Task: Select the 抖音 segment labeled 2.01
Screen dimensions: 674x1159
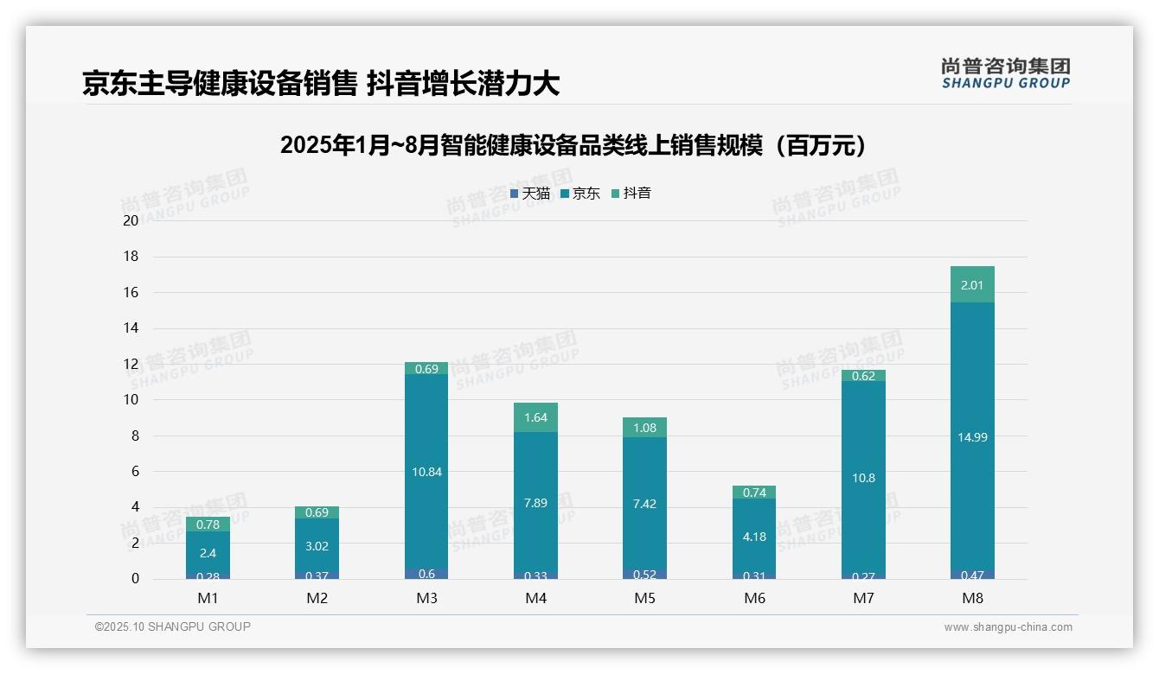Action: coord(972,285)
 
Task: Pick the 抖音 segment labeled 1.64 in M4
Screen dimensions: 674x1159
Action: coord(535,417)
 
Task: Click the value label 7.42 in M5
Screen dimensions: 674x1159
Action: coord(644,504)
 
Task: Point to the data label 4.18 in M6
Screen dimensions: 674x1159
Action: coord(754,537)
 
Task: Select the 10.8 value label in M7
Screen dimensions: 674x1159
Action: coord(863,478)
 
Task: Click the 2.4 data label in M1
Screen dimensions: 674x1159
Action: coord(208,553)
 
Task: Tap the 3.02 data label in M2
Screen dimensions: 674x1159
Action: coord(317,546)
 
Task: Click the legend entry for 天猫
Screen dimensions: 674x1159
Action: coord(530,194)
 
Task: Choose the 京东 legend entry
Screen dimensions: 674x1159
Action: coord(580,194)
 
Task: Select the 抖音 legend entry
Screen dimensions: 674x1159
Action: coord(631,194)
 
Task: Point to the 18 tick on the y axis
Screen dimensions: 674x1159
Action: coord(131,257)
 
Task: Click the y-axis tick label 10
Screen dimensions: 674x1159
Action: coord(131,400)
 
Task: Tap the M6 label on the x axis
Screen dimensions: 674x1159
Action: coord(754,598)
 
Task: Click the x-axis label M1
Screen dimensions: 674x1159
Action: coord(208,598)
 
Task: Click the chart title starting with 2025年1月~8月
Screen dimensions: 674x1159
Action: coord(573,145)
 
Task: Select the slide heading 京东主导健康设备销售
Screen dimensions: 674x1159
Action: coord(220,83)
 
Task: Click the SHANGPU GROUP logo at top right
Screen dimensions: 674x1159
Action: coord(1005,73)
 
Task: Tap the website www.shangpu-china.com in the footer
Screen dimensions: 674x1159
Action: coord(1008,627)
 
